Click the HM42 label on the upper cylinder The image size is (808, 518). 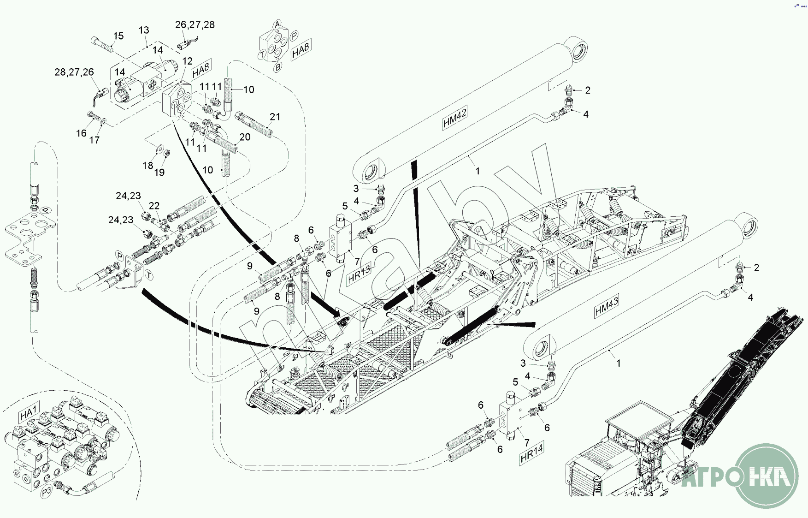pos(455,118)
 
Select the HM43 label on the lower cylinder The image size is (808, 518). pos(607,306)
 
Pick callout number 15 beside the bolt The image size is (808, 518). pos(118,36)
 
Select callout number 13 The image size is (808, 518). pos(144,30)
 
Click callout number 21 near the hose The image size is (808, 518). pos(275,117)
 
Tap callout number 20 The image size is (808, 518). pos(245,137)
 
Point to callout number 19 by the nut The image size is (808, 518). pos(159,172)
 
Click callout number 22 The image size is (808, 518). pos(154,206)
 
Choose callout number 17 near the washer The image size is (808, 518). pos(94,140)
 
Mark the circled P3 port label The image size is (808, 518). pos(47,492)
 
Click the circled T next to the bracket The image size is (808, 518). pos(149,275)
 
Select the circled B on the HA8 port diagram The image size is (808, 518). pos(277,67)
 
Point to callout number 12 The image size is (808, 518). pos(187,61)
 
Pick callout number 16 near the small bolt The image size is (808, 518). pos(81,133)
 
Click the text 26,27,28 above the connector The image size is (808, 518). pos(195,24)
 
